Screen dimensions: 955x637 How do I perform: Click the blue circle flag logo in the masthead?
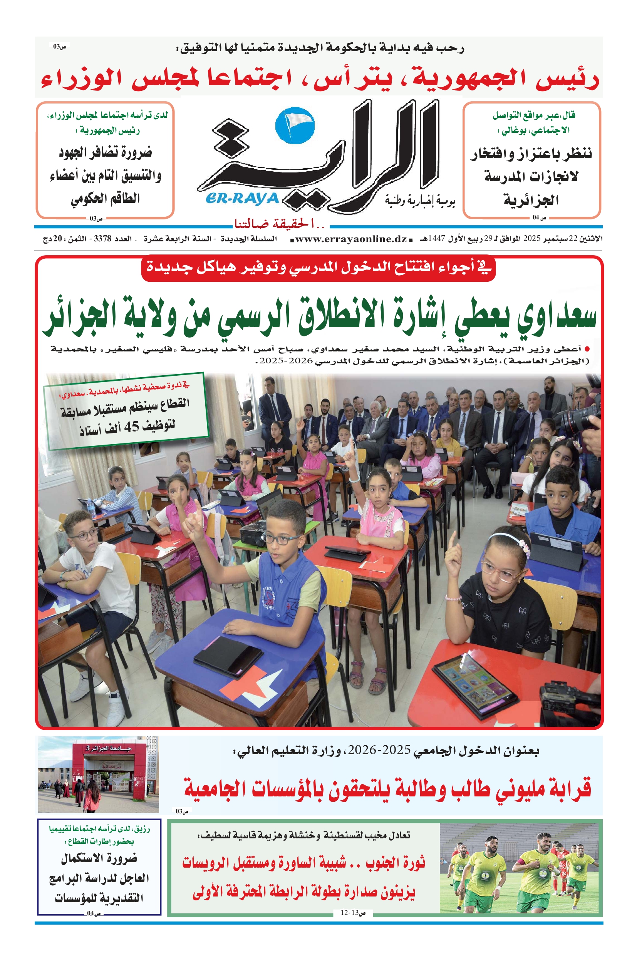pyautogui.click(x=295, y=125)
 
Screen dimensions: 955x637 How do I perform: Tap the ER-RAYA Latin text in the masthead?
pyautogui.click(x=243, y=199)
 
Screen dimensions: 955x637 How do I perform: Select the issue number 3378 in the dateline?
pyautogui.click(x=102, y=239)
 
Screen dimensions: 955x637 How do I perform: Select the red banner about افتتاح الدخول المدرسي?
pyautogui.click(x=318, y=268)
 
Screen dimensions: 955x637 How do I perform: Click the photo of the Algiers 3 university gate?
pyautogui.click(x=98, y=775)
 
